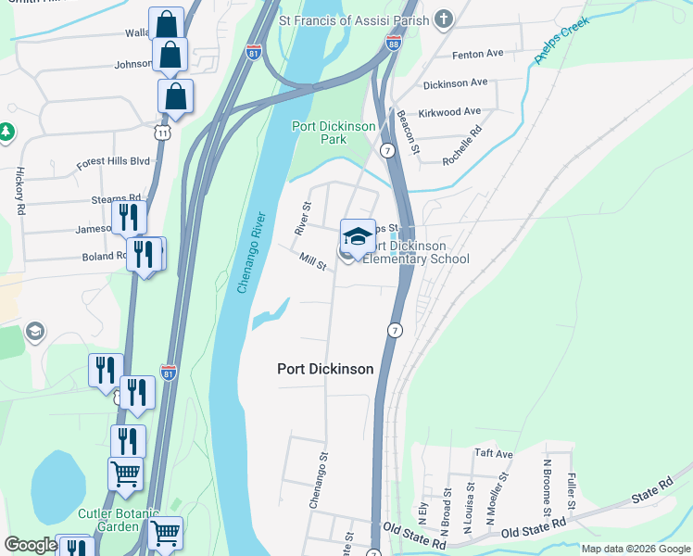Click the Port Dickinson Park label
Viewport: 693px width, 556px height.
tap(320, 133)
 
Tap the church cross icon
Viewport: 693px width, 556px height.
tap(444, 19)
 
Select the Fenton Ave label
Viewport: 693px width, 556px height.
tap(477, 54)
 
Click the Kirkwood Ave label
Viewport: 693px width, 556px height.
tap(453, 111)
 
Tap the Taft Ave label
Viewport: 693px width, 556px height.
tap(493, 454)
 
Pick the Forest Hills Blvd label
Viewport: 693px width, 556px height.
tap(113, 161)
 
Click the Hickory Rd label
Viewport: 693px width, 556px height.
tap(19, 191)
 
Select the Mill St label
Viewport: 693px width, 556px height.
tap(313, 262)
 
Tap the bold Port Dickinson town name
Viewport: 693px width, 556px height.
tap(325, 369)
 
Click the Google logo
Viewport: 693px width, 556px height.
tap(31, 545)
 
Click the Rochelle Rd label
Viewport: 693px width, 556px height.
tap(463, 146)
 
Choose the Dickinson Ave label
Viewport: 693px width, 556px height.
tap(455, 82)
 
